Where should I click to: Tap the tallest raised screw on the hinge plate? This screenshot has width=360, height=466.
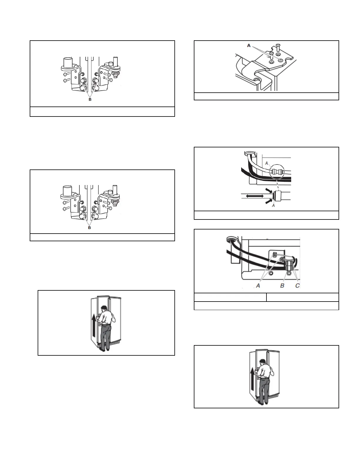[278, 46]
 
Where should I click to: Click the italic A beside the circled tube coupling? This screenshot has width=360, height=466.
[266, 163]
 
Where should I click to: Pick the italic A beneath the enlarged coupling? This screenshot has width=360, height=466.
[273, 206]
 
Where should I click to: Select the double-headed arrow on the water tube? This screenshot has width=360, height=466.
[255, 196]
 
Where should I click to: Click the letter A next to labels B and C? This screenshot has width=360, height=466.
[258, 285]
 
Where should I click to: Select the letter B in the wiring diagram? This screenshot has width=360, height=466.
[282, 285]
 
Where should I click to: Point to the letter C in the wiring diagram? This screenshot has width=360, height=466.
[298, 285]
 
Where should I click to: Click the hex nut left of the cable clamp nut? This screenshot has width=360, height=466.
[271, 273]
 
